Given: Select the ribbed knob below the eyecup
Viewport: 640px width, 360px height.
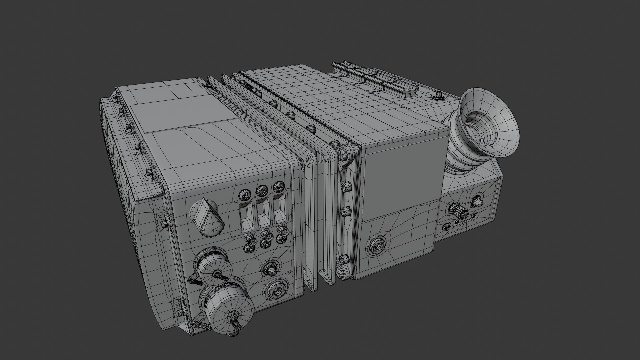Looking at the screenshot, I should click(x=459, y=210).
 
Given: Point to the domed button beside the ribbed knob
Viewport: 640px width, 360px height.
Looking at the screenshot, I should click(x=477, y=201).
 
